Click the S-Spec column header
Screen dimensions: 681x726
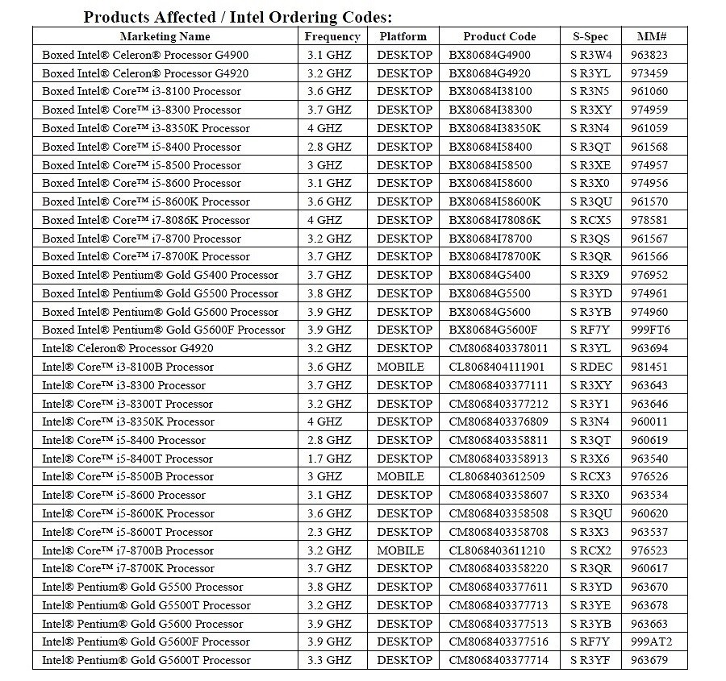pos(591,36)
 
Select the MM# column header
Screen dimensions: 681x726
pos(651,36)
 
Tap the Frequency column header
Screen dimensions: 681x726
pos(332,36)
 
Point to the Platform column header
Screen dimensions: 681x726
pos(403,36)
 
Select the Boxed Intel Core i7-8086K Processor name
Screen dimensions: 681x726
pos(146,220)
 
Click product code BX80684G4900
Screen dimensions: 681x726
pos(490,55)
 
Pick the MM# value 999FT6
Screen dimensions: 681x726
pos(650,330)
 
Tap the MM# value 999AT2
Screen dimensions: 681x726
pos(651,642)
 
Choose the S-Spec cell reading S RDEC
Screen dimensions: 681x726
pos(591,367)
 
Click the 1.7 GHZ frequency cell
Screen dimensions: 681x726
pos(329,459)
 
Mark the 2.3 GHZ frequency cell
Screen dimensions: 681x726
pos(329,532)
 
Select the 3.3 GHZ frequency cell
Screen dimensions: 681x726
pos(329,661)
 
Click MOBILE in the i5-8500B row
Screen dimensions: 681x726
pos(400,477)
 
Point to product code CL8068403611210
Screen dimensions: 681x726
pos(497,550)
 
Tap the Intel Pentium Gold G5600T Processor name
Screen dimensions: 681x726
pos(146,661)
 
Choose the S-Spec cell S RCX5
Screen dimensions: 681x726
pos(591,220)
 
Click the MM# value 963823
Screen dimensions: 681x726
pos(650,55)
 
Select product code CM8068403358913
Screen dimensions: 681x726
pos(499,459)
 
